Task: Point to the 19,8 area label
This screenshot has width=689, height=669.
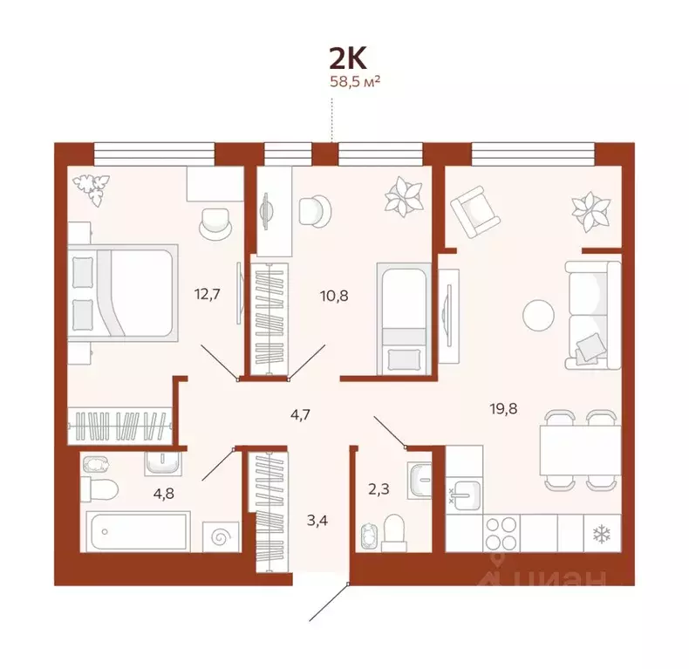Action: click(502, 407)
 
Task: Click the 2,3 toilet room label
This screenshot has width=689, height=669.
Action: click(378, 489)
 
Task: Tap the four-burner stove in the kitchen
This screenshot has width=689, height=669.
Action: click(501, 532)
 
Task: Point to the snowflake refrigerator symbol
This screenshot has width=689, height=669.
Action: click(600, 532)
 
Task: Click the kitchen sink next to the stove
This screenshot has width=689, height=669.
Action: click(464, 496)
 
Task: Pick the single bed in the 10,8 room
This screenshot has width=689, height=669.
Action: click(402, 319)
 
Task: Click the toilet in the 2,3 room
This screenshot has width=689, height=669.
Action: click(394, 529)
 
